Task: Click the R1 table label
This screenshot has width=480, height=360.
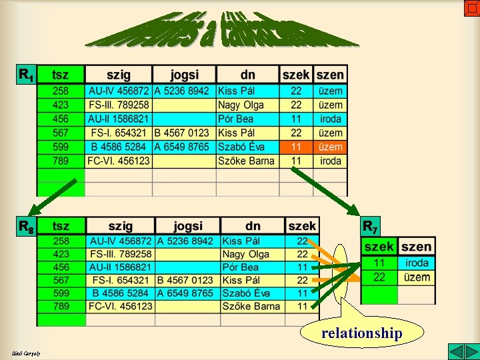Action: click(27, 75)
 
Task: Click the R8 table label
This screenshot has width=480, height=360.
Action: click(27, 227)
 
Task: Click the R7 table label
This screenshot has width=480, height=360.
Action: click(370, 227)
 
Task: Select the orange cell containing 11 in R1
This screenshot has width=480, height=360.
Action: click(296, 147)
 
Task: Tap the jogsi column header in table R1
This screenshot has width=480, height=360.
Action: click(184, 75)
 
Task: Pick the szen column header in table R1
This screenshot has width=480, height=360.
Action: click(331, 75)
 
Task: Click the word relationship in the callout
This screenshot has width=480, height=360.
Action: click(361, 333)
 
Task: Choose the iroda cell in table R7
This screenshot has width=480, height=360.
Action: click(417, 263)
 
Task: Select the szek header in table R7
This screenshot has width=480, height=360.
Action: click(379, 247)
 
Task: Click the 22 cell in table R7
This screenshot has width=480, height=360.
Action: click(379, 277)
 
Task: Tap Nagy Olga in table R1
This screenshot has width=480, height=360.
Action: click(241, 105)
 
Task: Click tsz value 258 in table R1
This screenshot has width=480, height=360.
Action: click(61, 91)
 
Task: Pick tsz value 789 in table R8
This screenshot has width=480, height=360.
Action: click(61, 306)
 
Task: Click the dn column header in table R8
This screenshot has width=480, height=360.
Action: click(252, 227)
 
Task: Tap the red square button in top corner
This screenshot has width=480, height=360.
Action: click(471, 7)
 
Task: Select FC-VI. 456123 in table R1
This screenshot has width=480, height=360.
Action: click(119, 161)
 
